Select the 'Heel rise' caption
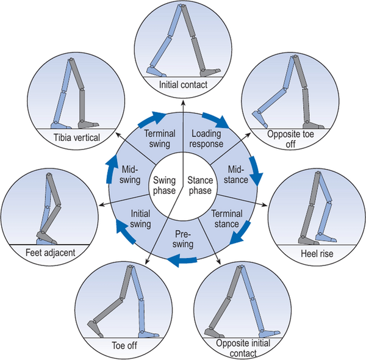(315, 253)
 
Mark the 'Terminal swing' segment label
(160, 139)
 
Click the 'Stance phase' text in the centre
(199, 186)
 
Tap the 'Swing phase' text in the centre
(165, 186)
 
